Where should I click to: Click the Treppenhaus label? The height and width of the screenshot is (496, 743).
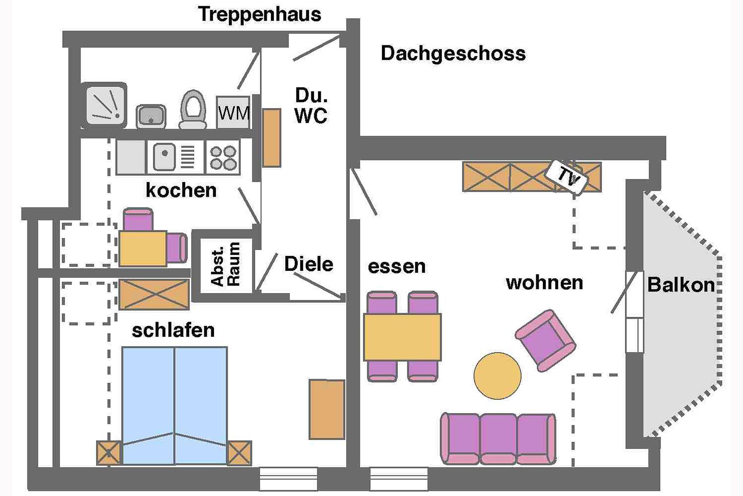259,14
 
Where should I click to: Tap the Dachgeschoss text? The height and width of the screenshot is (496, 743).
453,53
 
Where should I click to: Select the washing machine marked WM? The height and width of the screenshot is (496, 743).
233,112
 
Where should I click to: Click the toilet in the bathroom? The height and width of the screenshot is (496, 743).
192,109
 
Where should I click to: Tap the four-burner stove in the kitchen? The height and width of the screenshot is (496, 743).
223,157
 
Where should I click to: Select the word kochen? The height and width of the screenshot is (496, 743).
181,190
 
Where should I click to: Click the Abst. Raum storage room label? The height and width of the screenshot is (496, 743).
226,265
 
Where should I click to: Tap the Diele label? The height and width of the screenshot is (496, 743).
308,264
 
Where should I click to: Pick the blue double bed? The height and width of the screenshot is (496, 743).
175,405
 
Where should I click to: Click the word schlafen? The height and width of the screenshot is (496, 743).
173,330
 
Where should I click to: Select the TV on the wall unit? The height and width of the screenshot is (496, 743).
567,177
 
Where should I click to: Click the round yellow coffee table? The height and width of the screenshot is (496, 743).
497,375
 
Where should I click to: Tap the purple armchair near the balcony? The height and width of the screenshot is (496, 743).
545,340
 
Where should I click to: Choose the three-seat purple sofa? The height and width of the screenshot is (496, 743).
498,439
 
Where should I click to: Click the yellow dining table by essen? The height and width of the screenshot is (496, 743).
402,337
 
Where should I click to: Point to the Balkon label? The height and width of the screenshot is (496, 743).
681,285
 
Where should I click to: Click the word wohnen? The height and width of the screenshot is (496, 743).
544,282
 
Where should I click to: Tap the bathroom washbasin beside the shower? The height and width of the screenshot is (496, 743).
151,116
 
